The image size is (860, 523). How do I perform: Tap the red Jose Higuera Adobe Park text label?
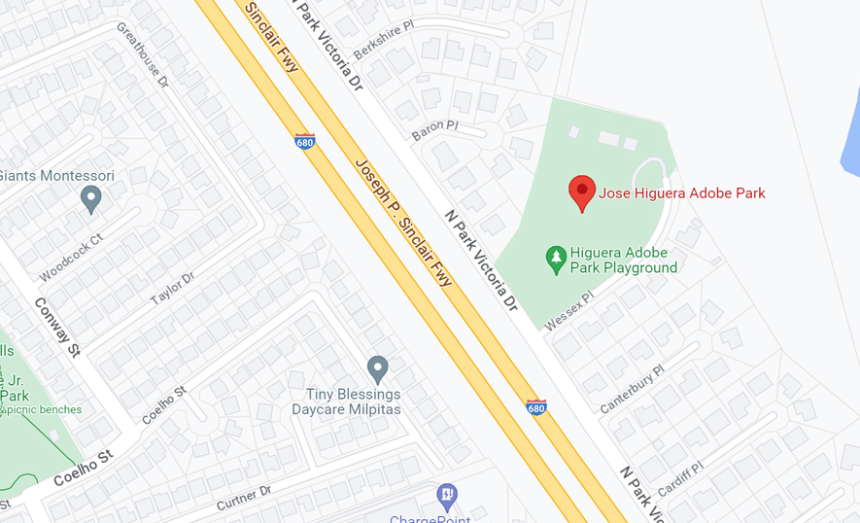pos(681,193)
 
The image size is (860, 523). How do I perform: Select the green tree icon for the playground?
pos(556,259)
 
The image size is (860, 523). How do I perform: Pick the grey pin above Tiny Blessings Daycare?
pos(378,369)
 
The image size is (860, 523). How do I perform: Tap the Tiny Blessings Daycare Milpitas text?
pos(353,401)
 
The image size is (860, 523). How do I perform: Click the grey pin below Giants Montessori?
pos(91,200)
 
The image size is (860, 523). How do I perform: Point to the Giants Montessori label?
pos(56,176)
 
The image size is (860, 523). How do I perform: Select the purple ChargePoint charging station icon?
pos(446,496)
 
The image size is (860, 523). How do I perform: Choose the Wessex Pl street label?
pos(568,310)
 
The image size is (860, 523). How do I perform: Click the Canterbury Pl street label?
pos(632,389)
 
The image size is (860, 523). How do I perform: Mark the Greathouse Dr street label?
pos(143,55)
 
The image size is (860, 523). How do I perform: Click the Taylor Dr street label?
pos(173,289)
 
